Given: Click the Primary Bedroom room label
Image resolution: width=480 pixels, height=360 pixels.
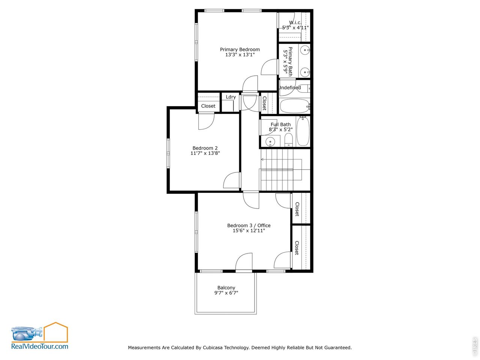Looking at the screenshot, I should coord(240,49).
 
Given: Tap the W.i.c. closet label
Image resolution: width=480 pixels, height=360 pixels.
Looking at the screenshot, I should coord(295,22).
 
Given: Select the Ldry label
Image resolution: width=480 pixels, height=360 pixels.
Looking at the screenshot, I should coord(231,97).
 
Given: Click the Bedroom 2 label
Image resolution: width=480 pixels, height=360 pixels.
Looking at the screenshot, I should coord(205,148).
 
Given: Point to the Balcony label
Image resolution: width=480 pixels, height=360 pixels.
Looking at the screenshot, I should coord(226,288).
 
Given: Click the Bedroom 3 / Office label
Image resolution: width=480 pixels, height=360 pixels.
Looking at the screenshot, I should coord(249,225).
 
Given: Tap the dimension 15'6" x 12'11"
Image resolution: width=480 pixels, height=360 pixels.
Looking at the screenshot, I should coord(249,231).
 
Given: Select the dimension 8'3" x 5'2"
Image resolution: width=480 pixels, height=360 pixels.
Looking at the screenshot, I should coord(280,130).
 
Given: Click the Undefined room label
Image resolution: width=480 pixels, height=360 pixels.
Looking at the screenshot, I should coord(289,88).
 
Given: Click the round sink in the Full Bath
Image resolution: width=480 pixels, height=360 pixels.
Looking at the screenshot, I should coord(270,142).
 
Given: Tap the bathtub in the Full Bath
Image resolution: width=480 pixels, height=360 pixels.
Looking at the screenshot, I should coord(303,131).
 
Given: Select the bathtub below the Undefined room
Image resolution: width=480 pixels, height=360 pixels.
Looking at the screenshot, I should coord(295,106).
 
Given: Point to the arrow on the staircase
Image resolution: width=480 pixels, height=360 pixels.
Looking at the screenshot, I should coord(262,159).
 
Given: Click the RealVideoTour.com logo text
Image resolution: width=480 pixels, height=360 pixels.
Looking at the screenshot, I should coord(40,346).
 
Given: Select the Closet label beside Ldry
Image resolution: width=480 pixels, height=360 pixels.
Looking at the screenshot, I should coord(208,106).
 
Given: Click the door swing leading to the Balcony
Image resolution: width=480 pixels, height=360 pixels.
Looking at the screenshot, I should coord(244,261).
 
